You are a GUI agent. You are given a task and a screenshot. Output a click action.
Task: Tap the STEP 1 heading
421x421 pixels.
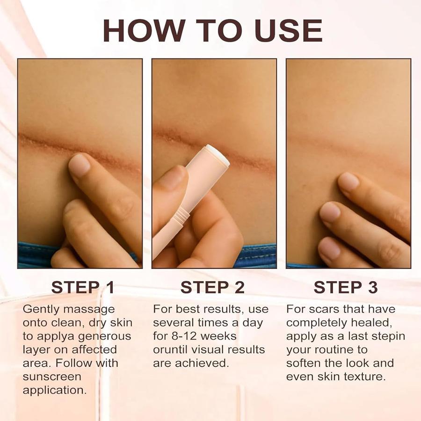83,287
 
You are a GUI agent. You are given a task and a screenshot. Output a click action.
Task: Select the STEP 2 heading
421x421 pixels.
212,287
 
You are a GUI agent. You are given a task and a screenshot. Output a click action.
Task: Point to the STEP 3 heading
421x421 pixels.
346,287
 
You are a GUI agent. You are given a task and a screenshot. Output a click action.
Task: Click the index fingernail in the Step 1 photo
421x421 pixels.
79,164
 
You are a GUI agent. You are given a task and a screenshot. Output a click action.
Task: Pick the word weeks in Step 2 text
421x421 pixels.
218,336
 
